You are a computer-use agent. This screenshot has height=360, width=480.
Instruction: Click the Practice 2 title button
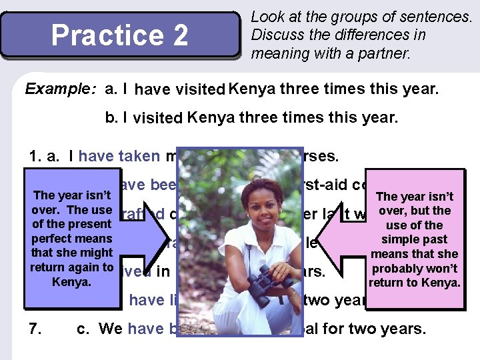[x=120, y=35]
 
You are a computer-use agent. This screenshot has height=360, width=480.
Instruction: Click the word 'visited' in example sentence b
[x=158, y=119]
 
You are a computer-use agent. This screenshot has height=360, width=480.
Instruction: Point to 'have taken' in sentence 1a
[x=119, y=156]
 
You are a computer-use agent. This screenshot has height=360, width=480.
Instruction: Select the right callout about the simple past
[x=414, y=238]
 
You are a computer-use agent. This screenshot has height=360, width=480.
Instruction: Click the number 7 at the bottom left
[x=35, y=329]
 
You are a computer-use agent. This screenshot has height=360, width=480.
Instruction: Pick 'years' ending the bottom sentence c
[x=403, y=329]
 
